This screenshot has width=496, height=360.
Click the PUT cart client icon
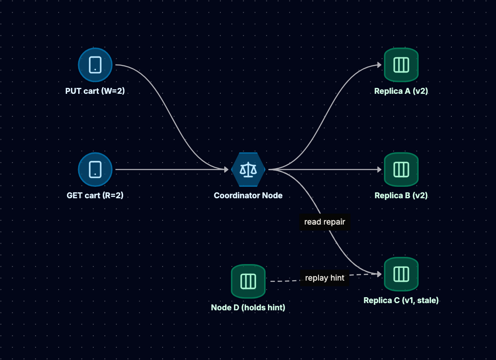point(95,65)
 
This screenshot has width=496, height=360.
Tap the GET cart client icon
point(95,169)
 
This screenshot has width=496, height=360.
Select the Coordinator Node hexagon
point(248,169)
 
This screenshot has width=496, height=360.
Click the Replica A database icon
point(401,65)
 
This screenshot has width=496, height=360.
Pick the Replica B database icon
point(401,169)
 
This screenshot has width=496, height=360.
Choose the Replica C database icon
point(401,274)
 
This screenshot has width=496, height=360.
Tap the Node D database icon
point(248,281)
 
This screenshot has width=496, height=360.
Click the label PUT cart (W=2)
point(95,91)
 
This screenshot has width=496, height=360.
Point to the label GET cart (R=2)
point(95,196)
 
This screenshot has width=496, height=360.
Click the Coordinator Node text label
point(248,196)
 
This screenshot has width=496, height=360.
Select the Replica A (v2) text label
point(401,91)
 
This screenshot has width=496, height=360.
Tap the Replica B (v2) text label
point(401,196)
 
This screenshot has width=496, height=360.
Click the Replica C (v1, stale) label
point(401,300)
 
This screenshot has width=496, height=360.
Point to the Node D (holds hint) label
point(248,307)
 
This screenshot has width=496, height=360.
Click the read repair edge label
point(324,222)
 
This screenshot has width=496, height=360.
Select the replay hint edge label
point(324,278)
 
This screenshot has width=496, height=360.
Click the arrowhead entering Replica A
point(380,65)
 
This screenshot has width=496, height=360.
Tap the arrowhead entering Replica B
point(380,169)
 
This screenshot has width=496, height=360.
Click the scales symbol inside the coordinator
point(248,169)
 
